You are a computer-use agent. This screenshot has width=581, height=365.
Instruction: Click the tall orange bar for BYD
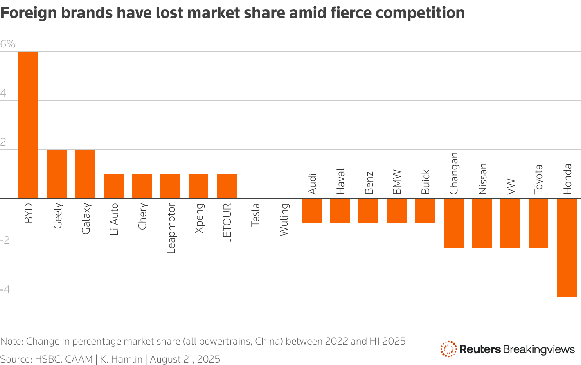(29, 125)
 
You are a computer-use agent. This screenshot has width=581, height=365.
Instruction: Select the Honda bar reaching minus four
(567, 248)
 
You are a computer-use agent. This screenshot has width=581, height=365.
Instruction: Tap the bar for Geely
(57, 174)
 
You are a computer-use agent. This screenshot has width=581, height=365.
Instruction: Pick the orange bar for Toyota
(538, 223)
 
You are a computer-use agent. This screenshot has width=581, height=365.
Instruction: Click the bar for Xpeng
(198, 187)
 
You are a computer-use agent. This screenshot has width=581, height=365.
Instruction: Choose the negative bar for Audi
(312, 211)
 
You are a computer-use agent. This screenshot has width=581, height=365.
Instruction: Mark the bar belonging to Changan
(453, 223)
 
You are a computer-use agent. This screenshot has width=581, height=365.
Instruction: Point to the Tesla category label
(255, 214)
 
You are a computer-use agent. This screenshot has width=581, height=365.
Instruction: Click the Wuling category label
(284, 220)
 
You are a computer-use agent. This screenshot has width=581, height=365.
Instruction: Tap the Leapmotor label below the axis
(171, 228)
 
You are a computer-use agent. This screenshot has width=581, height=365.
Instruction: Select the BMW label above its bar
(397, 182)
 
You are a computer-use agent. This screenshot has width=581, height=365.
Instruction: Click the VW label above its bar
(510, 187)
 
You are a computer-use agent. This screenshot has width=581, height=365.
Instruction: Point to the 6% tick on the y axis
(8, 44)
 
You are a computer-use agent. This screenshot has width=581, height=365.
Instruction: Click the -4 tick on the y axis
(5, 290)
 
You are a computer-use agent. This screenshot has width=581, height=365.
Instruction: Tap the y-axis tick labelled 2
(3, 142)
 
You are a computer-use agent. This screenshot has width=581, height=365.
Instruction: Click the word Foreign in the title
(28, 13)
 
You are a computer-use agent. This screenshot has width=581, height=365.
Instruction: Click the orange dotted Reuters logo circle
(448, 349)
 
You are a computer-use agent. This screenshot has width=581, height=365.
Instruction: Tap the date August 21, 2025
(185, 359)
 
